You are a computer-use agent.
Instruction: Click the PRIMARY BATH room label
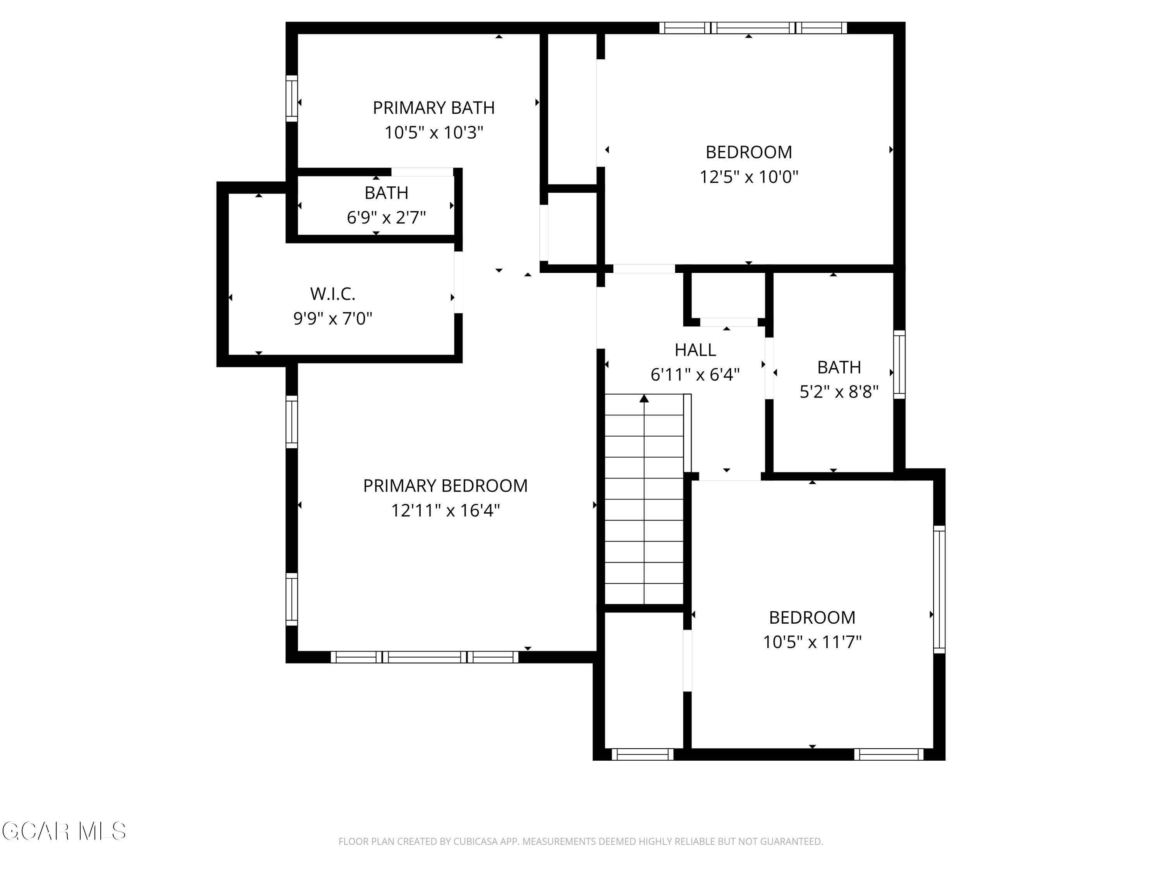433,108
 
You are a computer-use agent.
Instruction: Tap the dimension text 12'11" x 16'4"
445,510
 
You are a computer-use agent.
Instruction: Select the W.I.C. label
332,294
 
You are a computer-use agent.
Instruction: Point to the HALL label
695,350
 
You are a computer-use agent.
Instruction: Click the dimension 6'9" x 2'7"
386,217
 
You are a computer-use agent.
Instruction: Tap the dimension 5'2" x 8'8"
839,392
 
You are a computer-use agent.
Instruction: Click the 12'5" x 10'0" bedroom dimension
749,177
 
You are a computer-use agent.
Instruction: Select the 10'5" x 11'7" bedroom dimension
812,641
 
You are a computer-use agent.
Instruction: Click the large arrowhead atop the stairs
644,398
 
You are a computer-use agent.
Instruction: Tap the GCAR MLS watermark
64,831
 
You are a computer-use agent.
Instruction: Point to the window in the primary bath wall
292,99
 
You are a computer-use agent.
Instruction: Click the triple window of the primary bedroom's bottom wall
425,657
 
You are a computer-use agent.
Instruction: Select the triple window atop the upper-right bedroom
753,28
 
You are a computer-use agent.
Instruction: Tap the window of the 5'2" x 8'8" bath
899,364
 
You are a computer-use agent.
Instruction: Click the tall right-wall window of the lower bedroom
939,590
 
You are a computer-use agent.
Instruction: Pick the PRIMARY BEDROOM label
445,486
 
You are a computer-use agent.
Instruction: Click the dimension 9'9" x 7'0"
332,318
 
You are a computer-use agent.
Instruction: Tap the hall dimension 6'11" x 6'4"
695,374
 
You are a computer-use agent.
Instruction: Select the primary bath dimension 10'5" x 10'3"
433,132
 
